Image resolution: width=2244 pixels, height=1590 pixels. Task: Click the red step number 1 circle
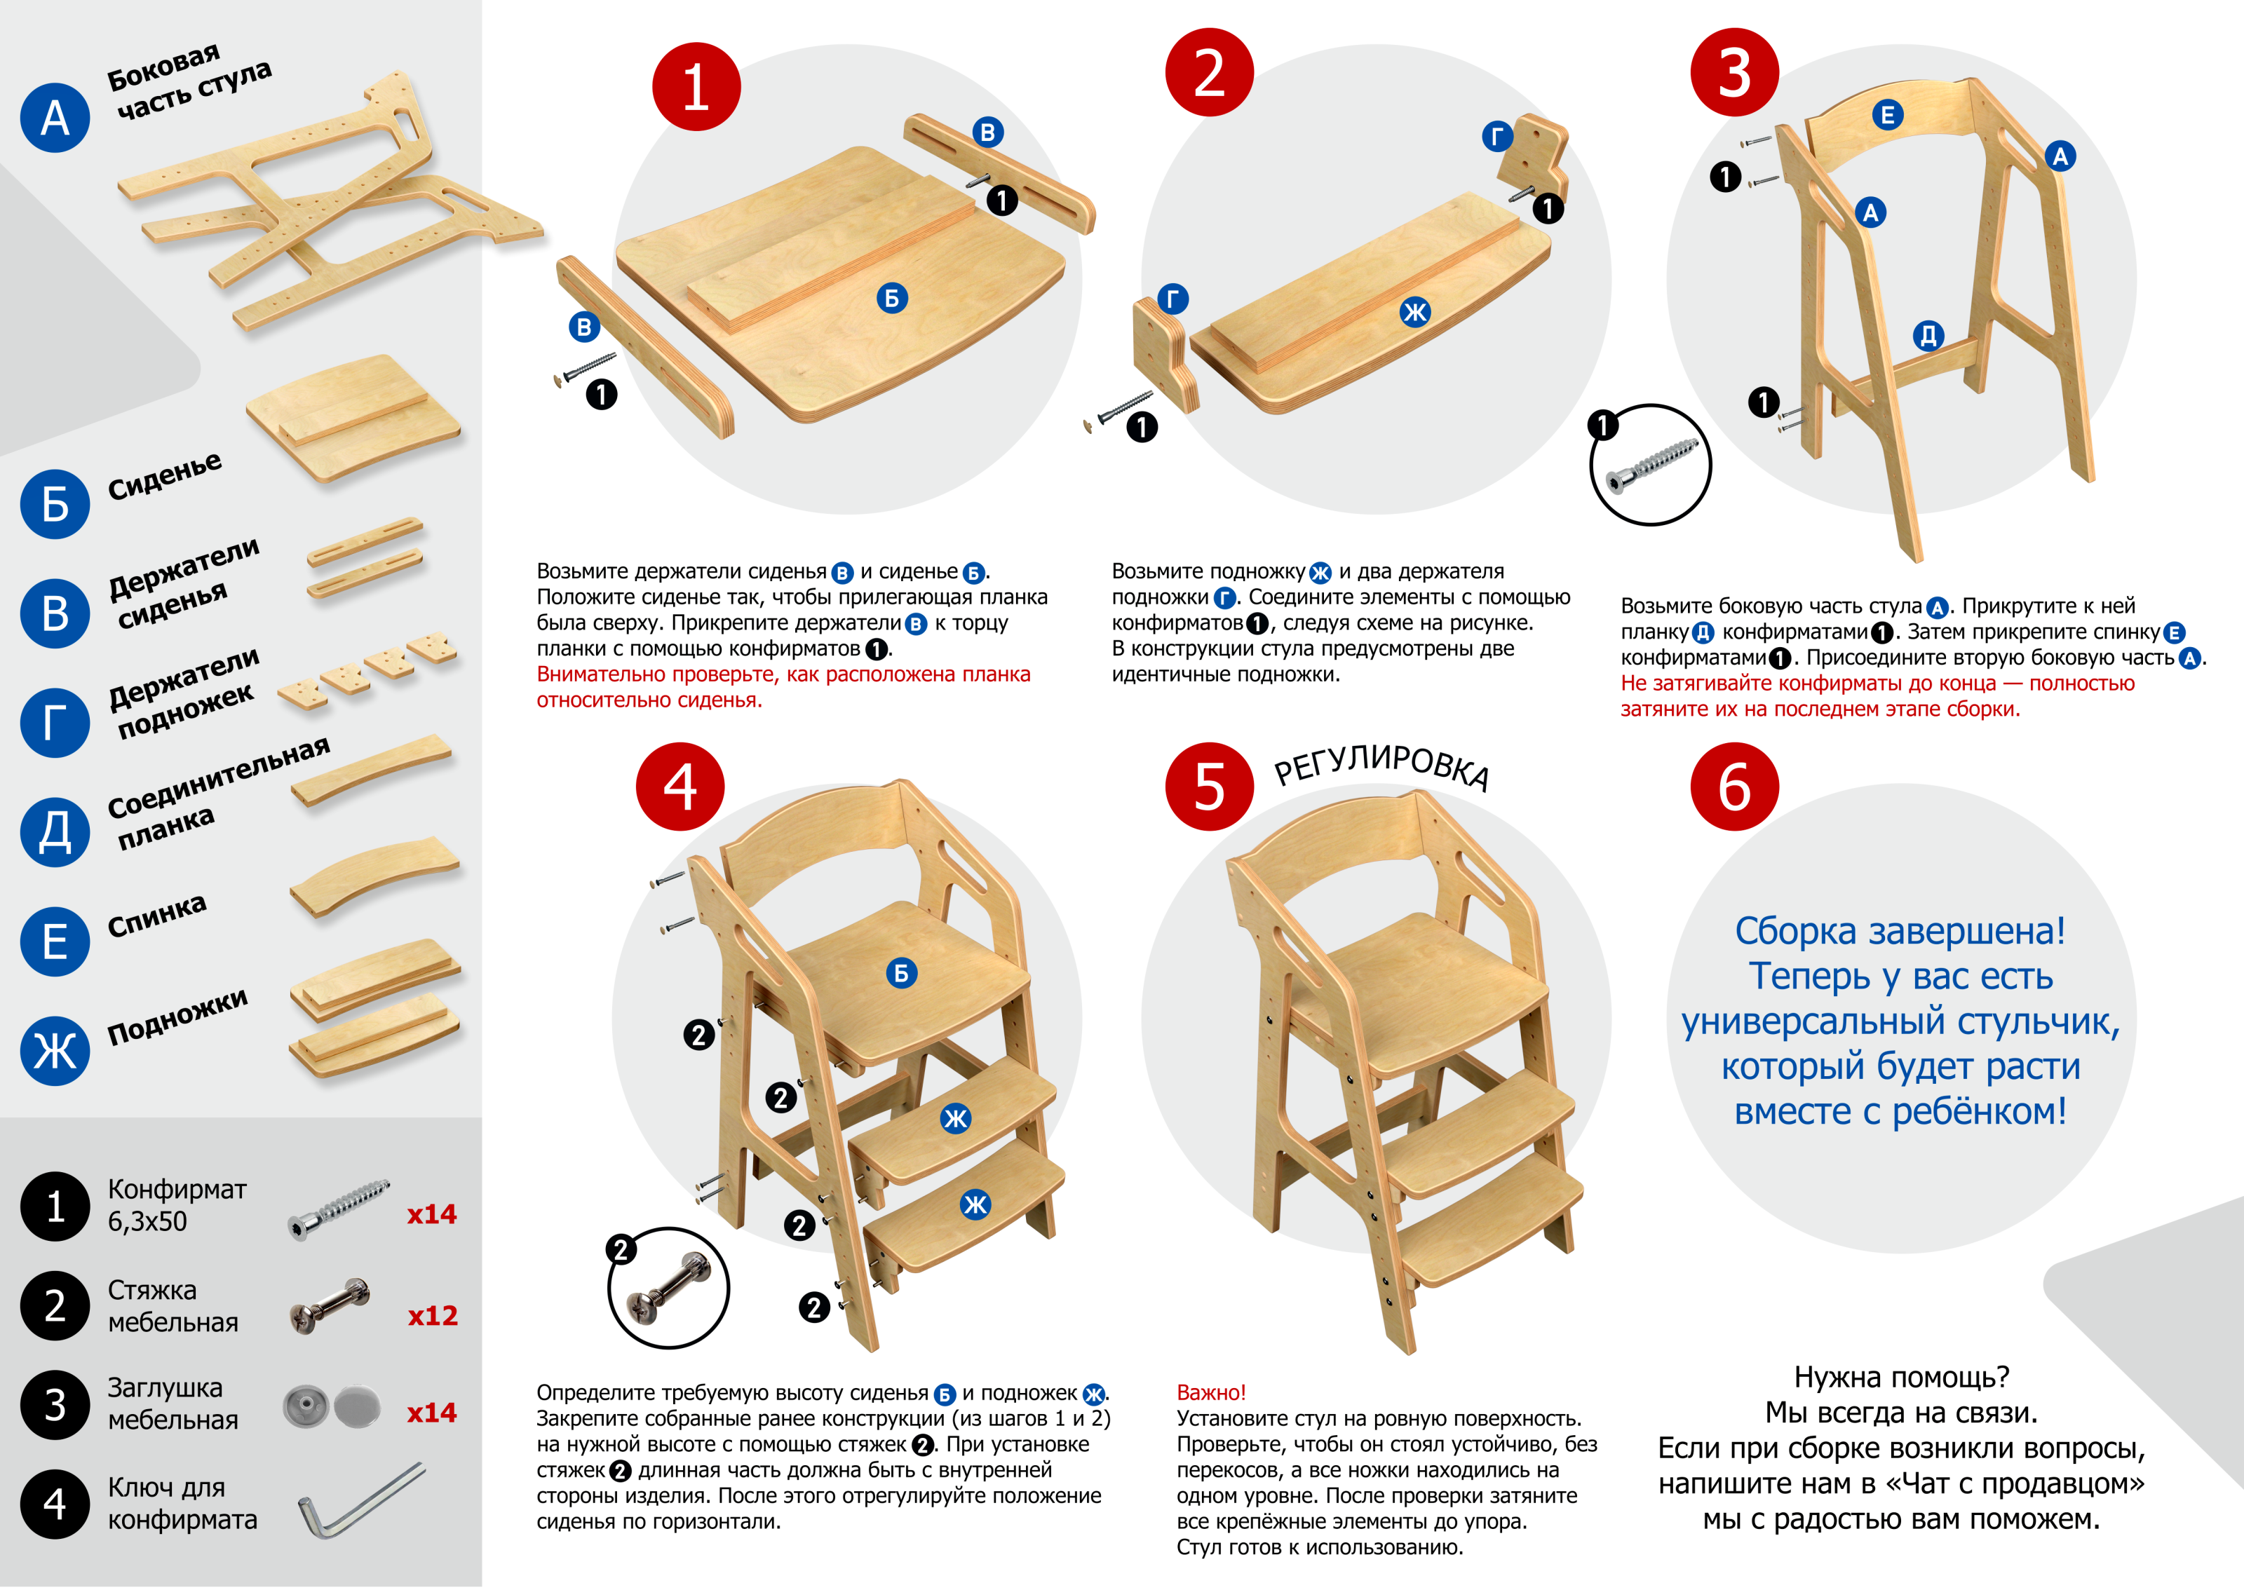(x=696, y=86)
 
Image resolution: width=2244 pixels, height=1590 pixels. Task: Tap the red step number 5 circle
(x=1209, y=786)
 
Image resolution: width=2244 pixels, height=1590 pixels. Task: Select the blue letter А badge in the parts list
(x=55, y=118)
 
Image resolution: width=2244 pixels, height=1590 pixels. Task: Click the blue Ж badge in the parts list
(x=55, y=1050)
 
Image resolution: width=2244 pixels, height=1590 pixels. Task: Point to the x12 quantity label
(x=433, y=1315)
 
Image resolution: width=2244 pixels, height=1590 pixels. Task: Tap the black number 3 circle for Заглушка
(x=55, y=1404)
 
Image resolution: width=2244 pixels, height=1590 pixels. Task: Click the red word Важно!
(x=1211, y=1392)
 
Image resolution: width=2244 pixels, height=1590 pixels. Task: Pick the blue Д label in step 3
(x=1928, y=336)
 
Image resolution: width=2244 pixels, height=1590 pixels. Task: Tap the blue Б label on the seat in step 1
(x=892, y=298)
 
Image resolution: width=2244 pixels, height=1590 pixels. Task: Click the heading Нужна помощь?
(x=1901, y=1377)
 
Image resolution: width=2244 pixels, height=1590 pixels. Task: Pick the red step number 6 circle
(x=1734, y=786)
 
